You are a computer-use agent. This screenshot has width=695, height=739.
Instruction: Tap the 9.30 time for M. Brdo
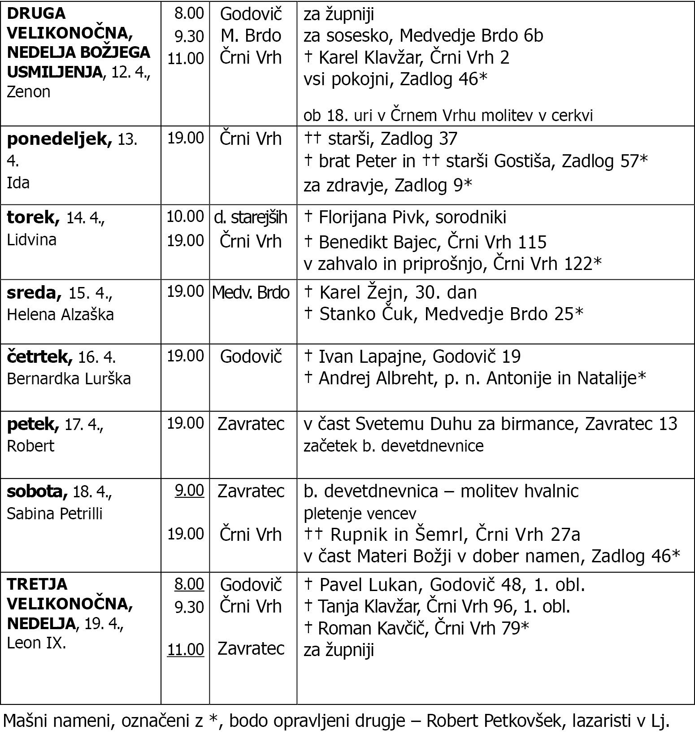click(189, 36)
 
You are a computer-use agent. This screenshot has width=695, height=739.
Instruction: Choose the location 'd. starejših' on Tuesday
click(251, 217)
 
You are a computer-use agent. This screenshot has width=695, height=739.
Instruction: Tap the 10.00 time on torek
click(186, 217)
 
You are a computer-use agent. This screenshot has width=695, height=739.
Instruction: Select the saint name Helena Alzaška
click(60, 314)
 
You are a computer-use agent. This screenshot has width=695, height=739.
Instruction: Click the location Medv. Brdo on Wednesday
click(251, 292)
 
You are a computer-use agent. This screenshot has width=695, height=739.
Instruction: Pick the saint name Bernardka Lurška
click(69, 379)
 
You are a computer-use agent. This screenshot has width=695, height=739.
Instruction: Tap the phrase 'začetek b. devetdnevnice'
click(393, 446)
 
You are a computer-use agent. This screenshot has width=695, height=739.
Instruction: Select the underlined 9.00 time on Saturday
click(189, 491)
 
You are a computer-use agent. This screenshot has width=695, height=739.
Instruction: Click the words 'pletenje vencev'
click(360, 513)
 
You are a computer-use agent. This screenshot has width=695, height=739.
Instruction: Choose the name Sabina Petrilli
click(55, 513)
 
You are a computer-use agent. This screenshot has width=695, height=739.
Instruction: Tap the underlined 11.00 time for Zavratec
click(186, 649)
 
